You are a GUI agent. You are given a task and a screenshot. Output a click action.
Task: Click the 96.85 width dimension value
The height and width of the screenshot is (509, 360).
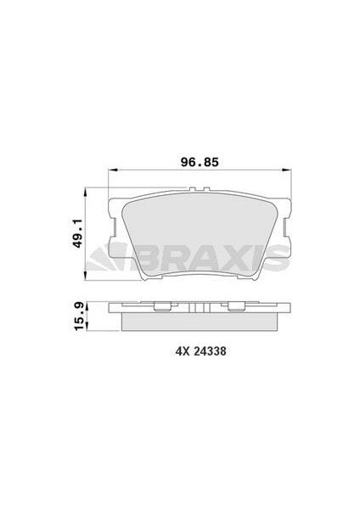pyautogui.click(x=200, y=162)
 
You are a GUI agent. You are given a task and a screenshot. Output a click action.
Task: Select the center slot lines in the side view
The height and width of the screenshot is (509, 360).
pyautogui.click(x=200, y=308)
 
